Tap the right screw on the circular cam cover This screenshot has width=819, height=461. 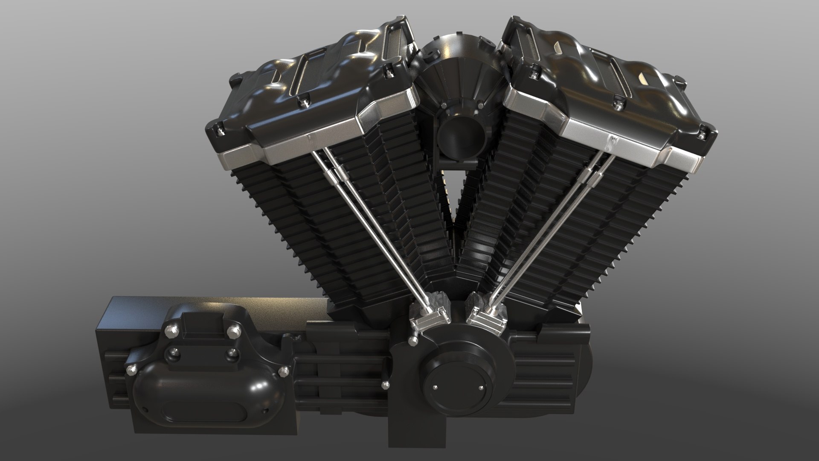tap(482, 387)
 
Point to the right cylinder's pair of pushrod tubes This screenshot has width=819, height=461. tap(550, 226)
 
